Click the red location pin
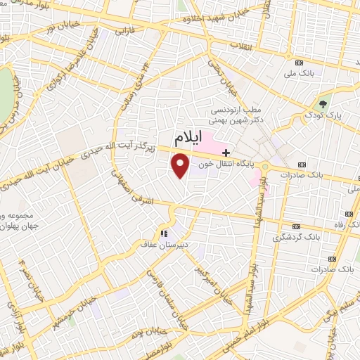point(181,166)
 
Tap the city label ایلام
point(191,136)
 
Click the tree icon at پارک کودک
point(324,103)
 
